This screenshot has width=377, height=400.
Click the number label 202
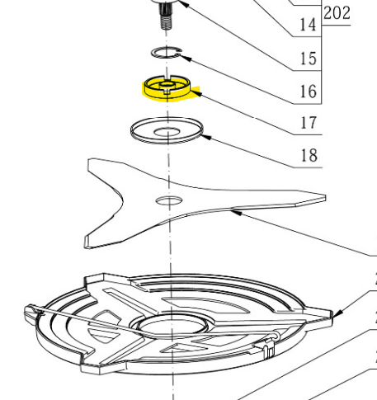point(339,13)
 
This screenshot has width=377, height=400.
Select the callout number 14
point(307,25)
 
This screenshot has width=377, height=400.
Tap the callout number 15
point(307,59)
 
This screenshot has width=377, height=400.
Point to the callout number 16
point(307,91)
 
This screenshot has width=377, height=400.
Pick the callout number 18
point(307,155)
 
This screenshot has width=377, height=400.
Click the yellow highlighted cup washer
point(168,87)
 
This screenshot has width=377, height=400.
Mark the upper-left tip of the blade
point(92,163)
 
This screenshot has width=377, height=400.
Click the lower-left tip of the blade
point(89,242)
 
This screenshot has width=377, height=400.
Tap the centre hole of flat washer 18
point(167,130)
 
